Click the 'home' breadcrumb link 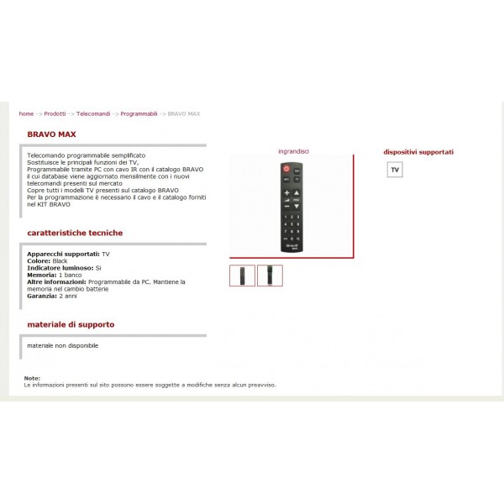pyautogui.click(x=26, y=113)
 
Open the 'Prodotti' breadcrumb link pyautogui.click(x=55, y=113)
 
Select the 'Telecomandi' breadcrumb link pyautogui.click(x=92, y=113)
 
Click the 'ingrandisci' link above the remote pyautogui.click(x=293, y=151)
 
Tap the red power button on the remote pyautogui.click(x=286, y=171)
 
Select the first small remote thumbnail pyautogui.click(x=242, y=276)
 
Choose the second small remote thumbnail pyautogui.click(x=270, y=276)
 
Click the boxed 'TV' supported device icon pyautogui.click(x=395, y=171)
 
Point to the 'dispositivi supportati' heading pyautogui.click(x=418, y=152)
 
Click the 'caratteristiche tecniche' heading pyautogui.click(x=75, y=233)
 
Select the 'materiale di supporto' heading pyautogui.click(x=71, y=323)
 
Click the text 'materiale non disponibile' pyautogui.click(x=63, y=345)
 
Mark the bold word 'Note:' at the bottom pyautogui.click(x=32, y=379)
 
